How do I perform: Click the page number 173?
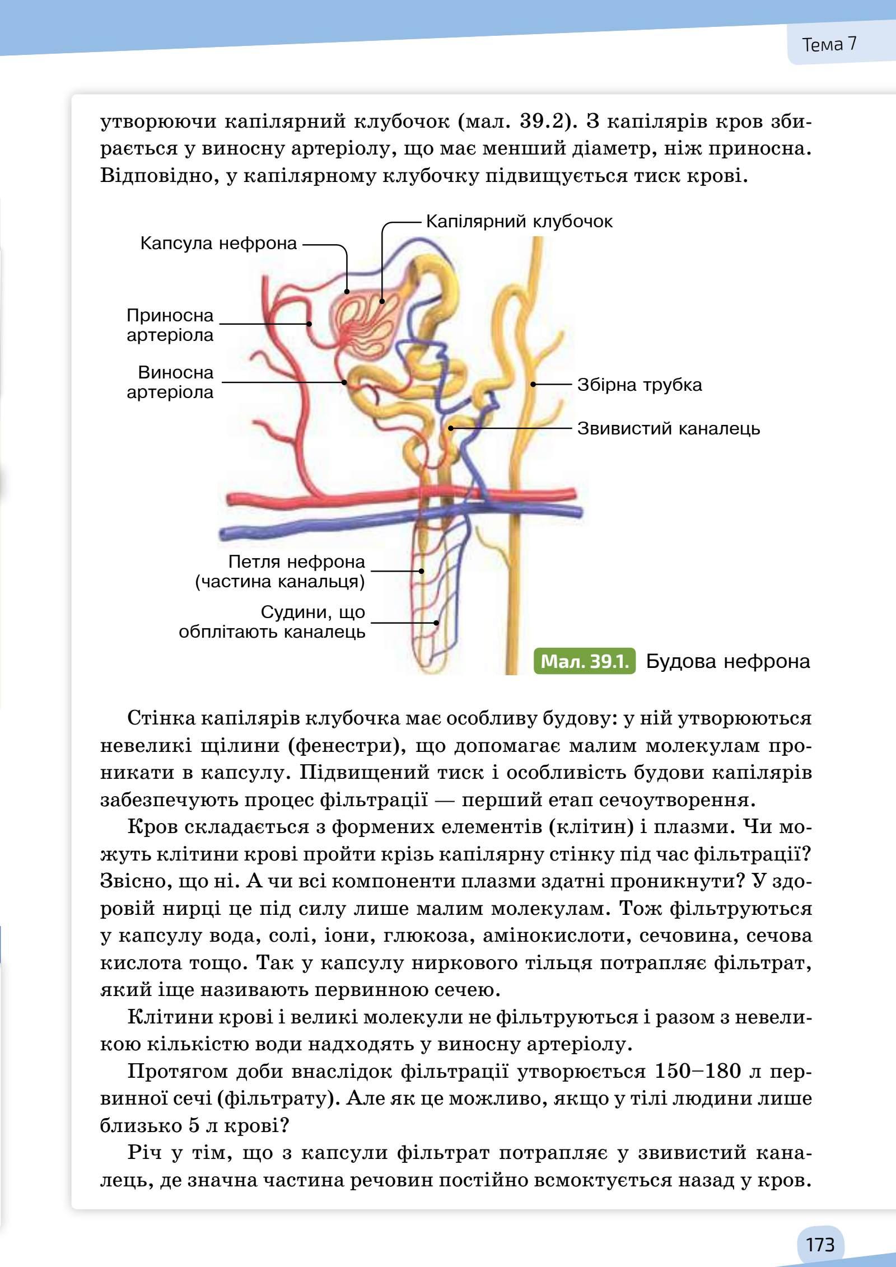click(820, 1229)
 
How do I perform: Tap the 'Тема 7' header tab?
click(829, 44)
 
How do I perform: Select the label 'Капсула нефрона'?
click(218, 244)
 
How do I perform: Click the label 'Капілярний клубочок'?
click(519, 221)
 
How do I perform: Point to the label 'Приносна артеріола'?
click(170, 325)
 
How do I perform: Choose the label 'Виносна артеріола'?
click(170, 382)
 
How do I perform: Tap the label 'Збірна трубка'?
click(639, 385)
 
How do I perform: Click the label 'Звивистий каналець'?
click(668, 429)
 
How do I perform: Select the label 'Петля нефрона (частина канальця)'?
click(280, 572)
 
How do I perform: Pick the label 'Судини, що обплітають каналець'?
click(272, 622)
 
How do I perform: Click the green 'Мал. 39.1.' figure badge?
click(584, 661)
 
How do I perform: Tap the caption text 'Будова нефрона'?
click(728, 661)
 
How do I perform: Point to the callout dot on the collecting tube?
click(534, 384)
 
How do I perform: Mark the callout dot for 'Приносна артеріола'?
click(309, 324)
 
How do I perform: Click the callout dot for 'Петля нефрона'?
click(422, 571)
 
